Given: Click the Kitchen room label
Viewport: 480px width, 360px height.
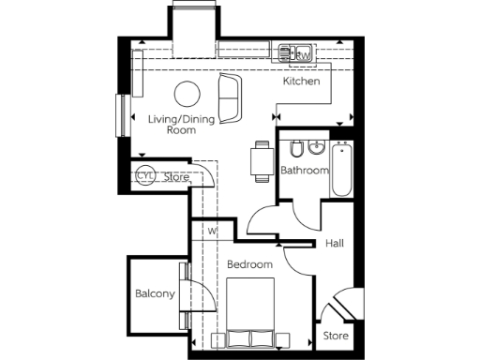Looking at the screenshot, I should click(302, 82).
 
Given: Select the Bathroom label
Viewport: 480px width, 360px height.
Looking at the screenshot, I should click(305, 171).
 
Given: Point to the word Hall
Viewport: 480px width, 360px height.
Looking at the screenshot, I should click(335, 244).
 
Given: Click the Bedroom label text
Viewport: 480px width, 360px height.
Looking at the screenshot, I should click(249, 265).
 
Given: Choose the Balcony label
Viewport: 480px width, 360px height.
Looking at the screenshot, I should click(155, 293).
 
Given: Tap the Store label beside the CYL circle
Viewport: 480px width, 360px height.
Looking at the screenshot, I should click(177, 176).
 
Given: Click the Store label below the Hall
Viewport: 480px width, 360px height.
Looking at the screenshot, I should click(336, 335).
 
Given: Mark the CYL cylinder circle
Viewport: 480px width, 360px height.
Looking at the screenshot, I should click(145, 175).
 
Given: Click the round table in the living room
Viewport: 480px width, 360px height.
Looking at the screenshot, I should click(187, 93).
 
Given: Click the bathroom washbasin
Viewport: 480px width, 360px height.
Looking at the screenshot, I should click(317, 148).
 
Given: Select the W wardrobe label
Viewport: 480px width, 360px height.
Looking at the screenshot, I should click(213, 231).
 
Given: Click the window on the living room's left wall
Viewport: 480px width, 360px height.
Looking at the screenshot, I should click(120, 116).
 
